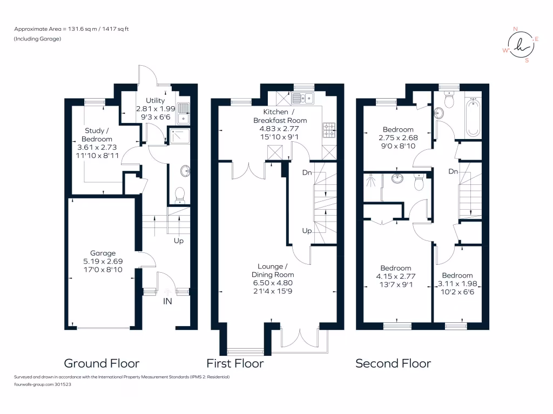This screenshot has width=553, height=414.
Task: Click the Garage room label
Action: pyautogui.click(x=103, y=253)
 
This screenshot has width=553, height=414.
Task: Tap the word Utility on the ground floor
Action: pyautogui.click(x=156, y=100)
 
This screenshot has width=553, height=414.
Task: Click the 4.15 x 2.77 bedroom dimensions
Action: pyautogui.click(x=395, y=277)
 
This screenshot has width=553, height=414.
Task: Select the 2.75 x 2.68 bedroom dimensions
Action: pyautogui.click(x=398, y=137)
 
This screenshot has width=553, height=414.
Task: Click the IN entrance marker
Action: pyautogui.click(x=167, y=301)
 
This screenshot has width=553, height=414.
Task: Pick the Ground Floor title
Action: pyautogui.click(x=102, y=363)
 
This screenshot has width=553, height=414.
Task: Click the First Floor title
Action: pyautogui.click(x=235, y=363)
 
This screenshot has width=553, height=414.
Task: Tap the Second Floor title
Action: pyautogui.click(x=393, y=363)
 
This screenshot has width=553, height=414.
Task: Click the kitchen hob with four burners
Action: pyautogui.click(x=328, y=129)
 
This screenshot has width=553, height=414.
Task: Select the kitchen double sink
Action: pyautogui.click(x=304, y=98)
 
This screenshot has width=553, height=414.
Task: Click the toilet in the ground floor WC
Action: pyautogui.click(x=180, y=195)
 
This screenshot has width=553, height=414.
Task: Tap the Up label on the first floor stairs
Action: pyautogui.click(x=307, y=231)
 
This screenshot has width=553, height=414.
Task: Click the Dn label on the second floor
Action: pyautogui.click(x=454, y=171)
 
